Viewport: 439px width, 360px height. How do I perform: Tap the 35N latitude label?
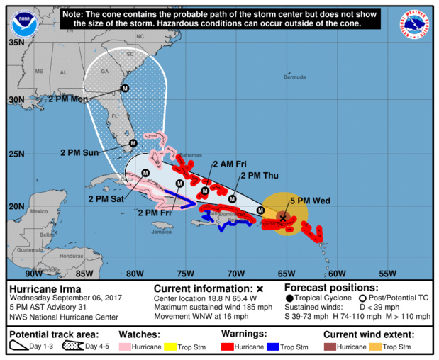16,42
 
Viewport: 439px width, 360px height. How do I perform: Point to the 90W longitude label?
33,274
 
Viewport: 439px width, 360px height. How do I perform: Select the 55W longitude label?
387,274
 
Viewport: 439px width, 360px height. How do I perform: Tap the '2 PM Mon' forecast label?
68,100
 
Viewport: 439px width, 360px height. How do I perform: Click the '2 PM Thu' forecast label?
260,176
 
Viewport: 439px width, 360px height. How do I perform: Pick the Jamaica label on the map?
162,231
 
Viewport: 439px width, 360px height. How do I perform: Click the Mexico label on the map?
38,211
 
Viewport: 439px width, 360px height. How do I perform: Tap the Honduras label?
72,256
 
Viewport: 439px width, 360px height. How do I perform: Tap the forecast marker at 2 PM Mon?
125,89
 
